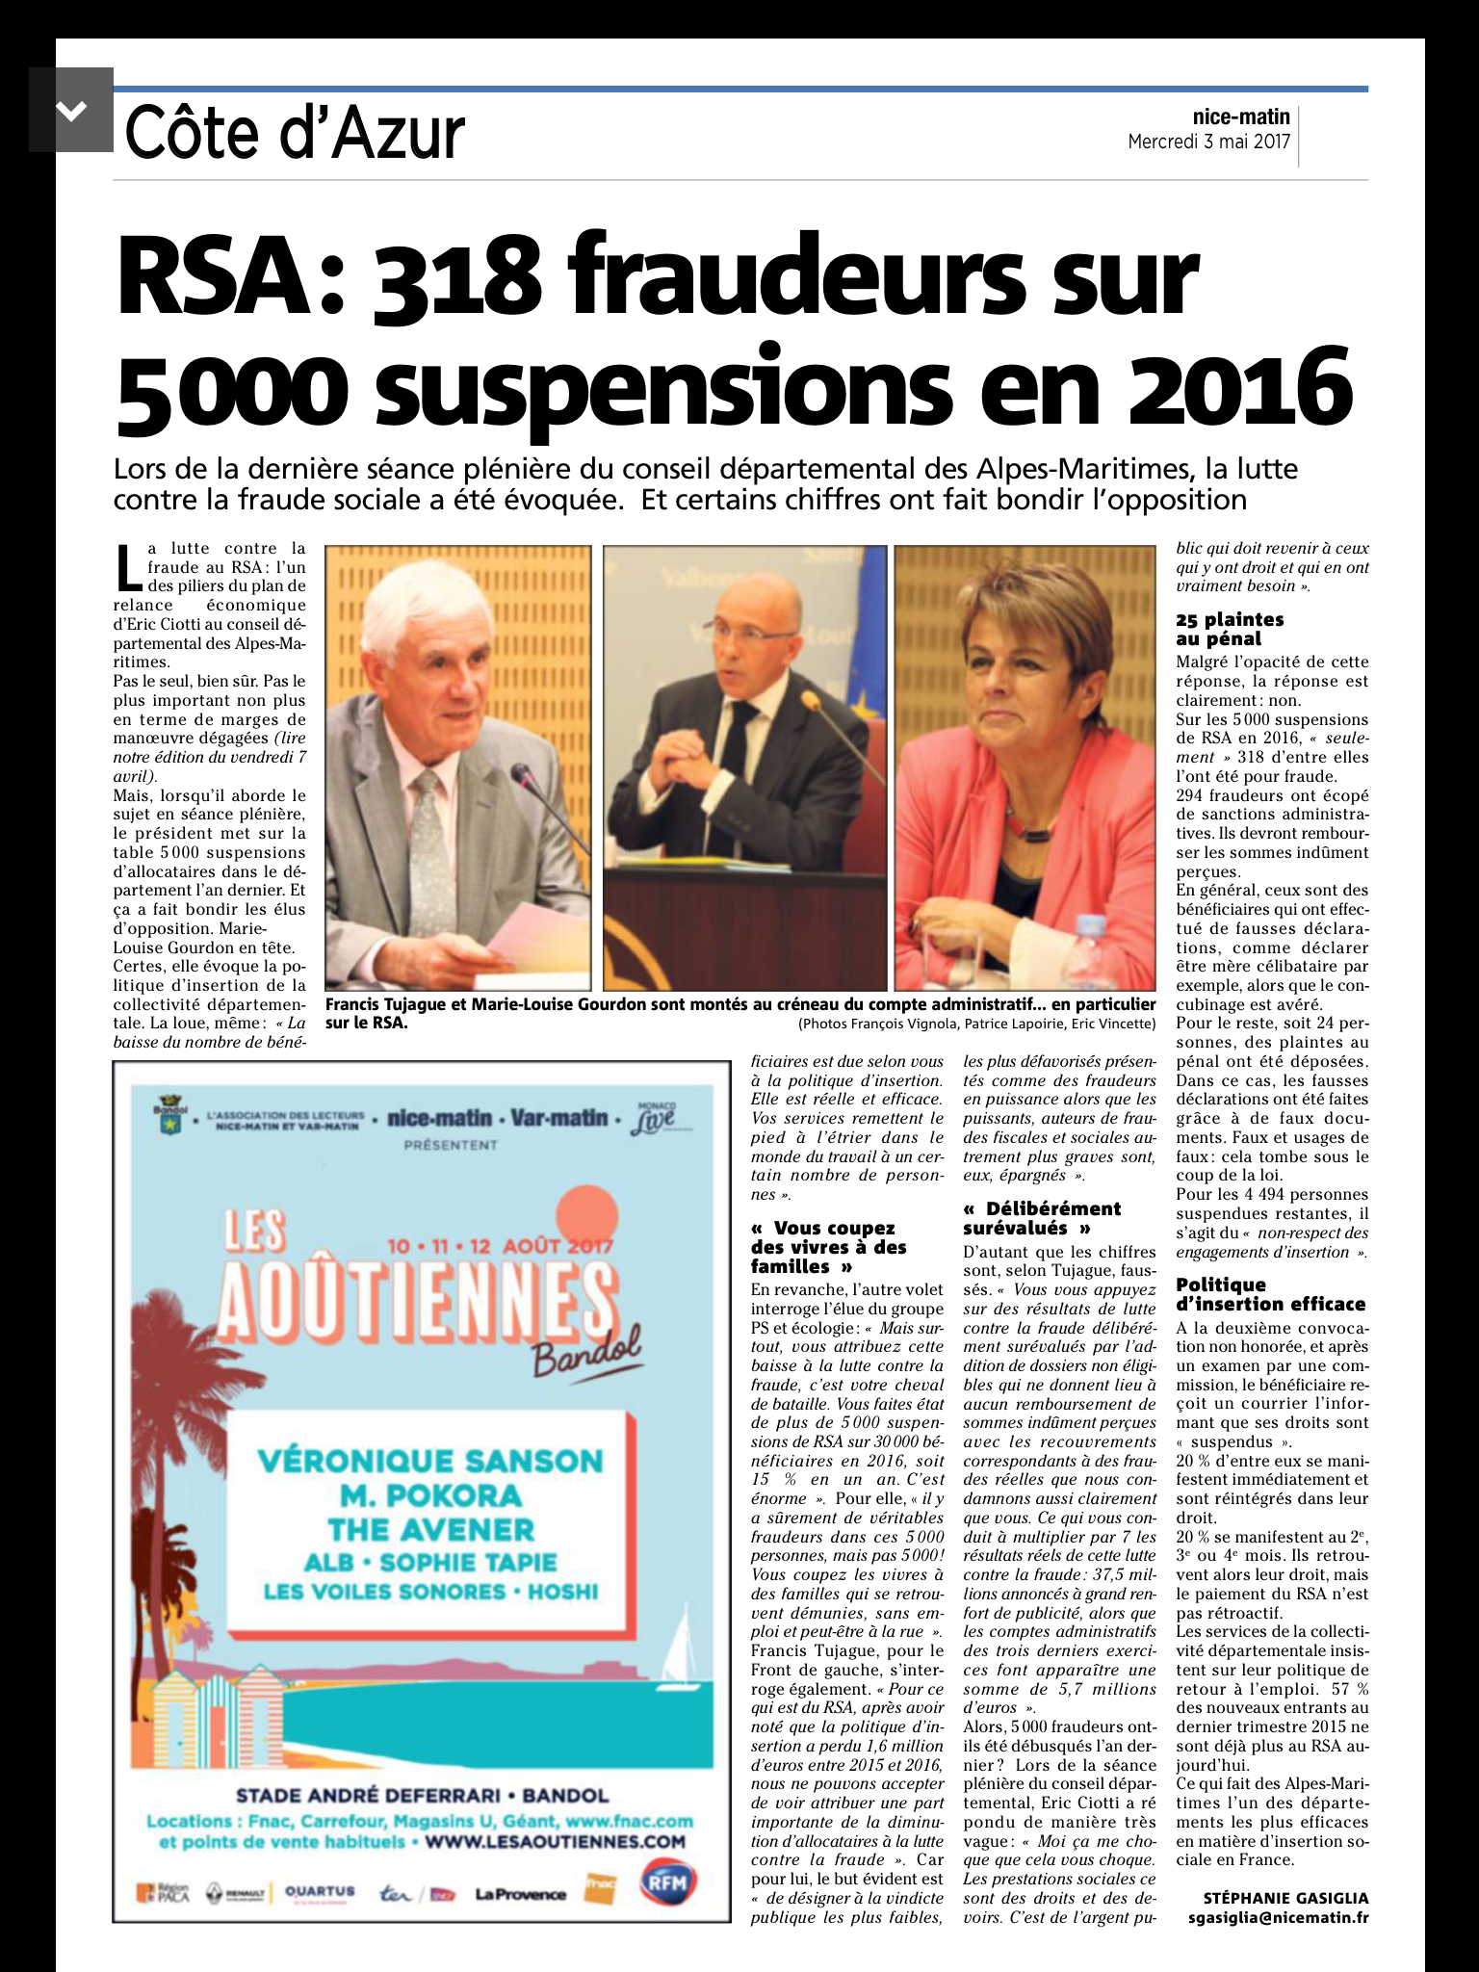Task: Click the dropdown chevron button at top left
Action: (x=70, y=110)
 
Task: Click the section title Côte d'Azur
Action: (x=295, y=134)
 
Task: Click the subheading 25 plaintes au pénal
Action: (x=1230, y=629)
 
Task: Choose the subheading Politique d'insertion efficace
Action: (x=1270, y=1294)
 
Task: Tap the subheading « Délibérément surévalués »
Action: (x=1041, y=1218)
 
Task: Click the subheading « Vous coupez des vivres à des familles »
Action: (x=828, y=1247)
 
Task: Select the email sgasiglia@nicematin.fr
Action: (x=1278, y=1917)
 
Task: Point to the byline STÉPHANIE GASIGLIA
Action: (x=1285, y=1898)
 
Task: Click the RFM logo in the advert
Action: (x=668, y=1881)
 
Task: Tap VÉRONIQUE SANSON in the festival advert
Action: (x=429, y=1461)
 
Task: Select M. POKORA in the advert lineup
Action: (x=429, y=1495)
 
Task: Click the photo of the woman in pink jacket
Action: (x=1025, y=767)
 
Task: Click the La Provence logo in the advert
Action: (x=520, y=1894)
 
